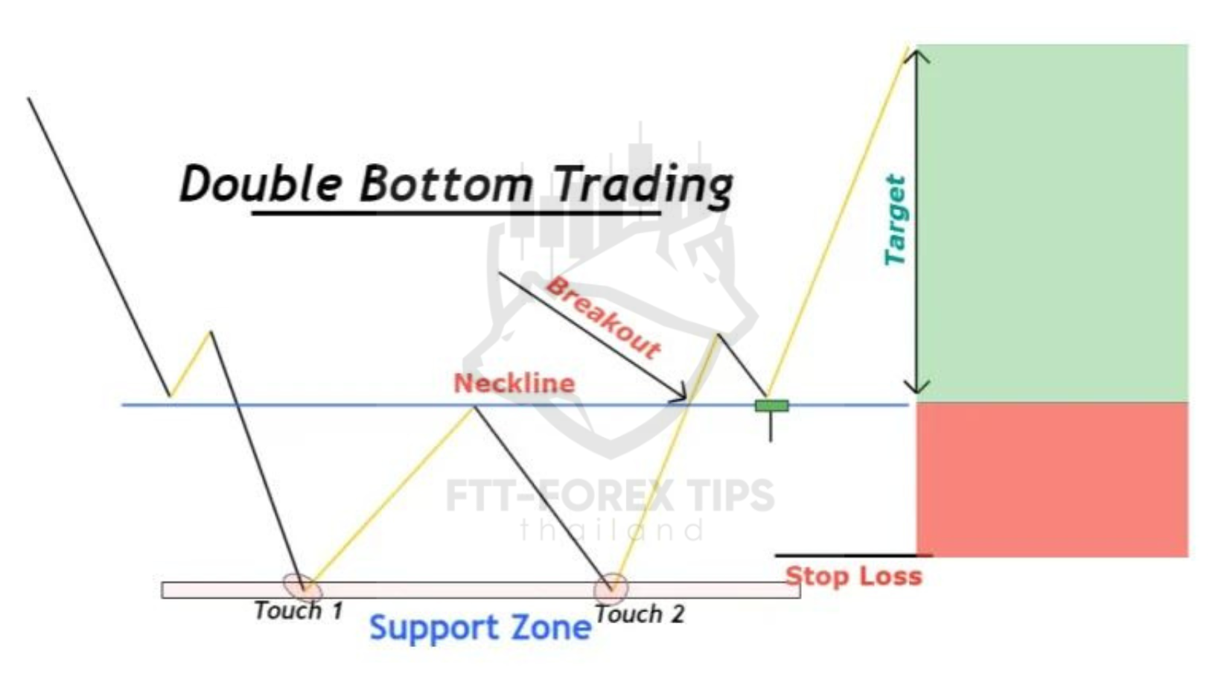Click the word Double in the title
[261, 183]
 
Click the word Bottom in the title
[446, 183]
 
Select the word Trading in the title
[643, 186]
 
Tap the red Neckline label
[514, 383]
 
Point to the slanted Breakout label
[603, 319]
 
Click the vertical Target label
[895, 220]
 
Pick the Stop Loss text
[854, 576]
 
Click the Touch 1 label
[299, 611]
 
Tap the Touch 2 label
[639, 614]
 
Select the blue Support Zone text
[480, 628]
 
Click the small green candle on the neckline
[771, 406]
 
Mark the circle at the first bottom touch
[303, 587]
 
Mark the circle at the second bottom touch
[610, 589]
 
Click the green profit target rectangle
[1052, 223]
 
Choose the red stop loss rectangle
[1052, 480]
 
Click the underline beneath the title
[456, 213]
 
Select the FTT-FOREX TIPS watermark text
[610, 496]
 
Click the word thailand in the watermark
[611, 529]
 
